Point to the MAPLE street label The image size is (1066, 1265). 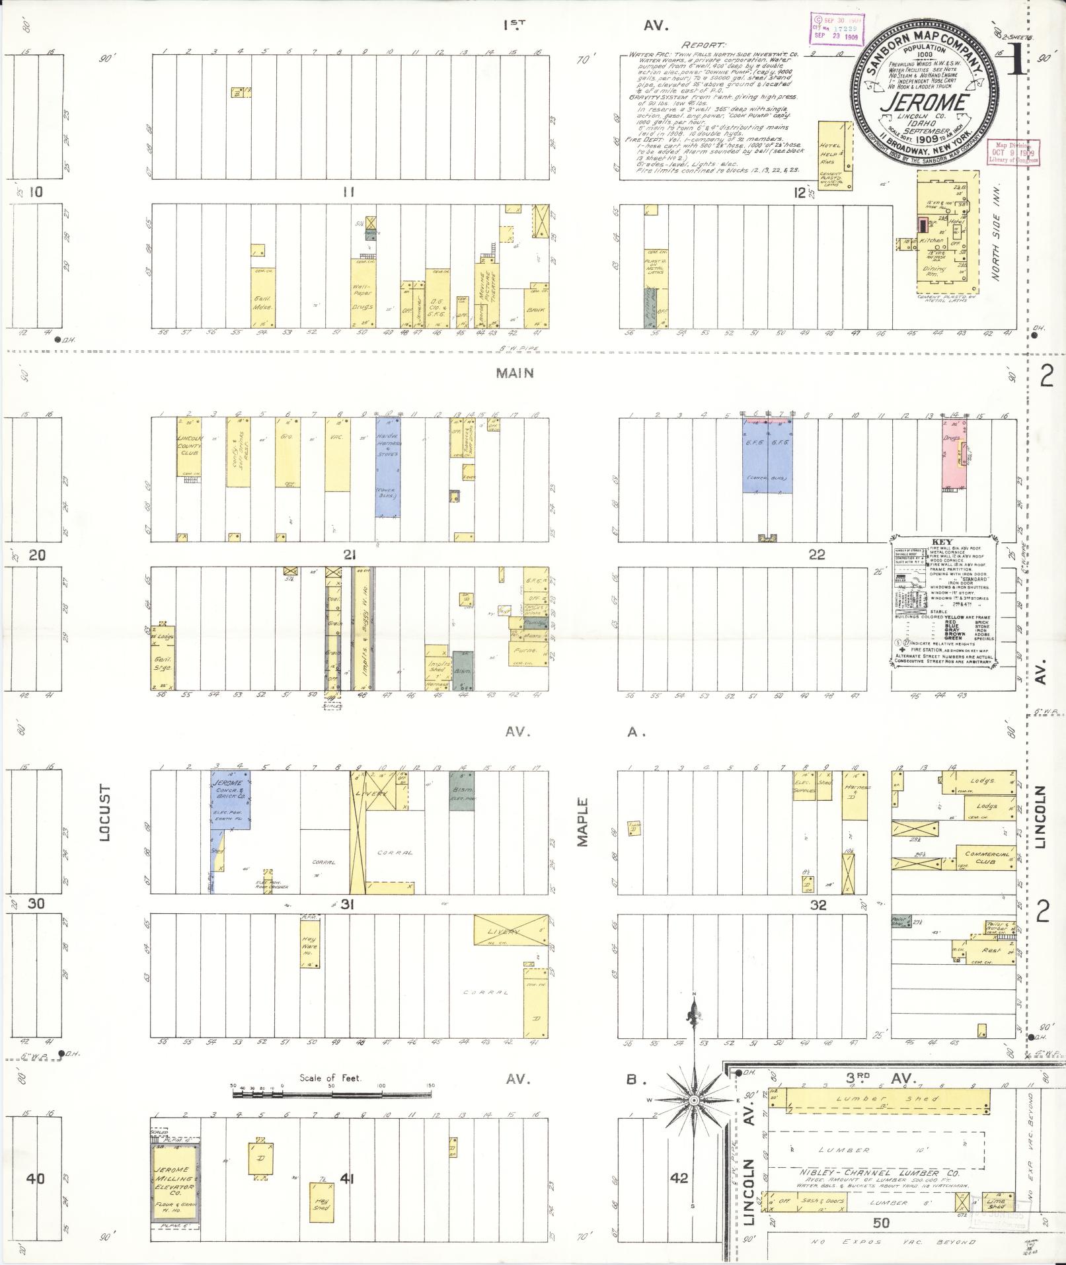[x=582, y=822]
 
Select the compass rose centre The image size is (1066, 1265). [x=694, y=1100]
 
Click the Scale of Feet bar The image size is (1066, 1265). [x=331, y=1095]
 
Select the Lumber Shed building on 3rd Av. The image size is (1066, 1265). [x=880, y=1100]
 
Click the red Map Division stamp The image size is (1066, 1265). [x=1012, y=151]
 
